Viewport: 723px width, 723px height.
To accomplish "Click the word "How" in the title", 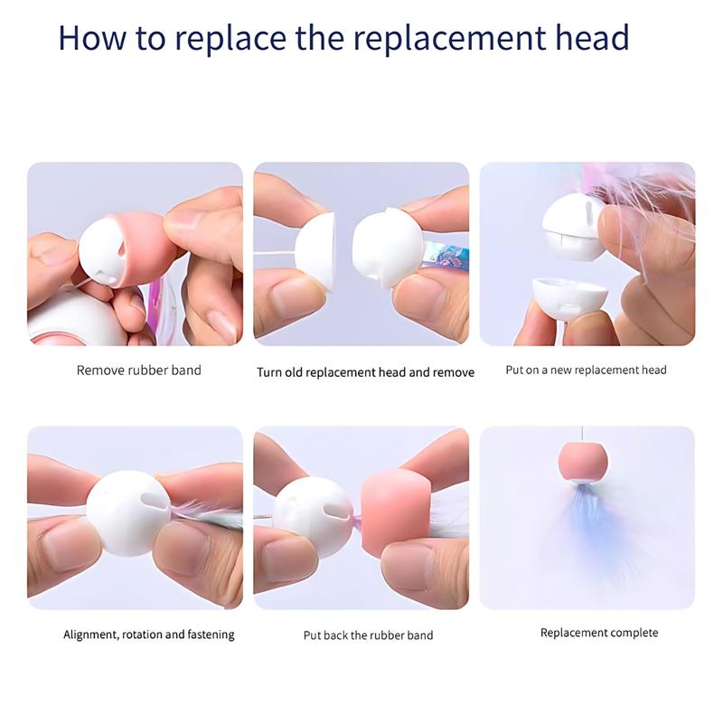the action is pyautogui.click(x=92, y=37).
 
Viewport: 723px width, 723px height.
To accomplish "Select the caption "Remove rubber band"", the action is pyautogui.click(x=139, y=371).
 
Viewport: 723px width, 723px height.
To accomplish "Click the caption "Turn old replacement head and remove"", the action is pyautogui.click(x=365, y=372).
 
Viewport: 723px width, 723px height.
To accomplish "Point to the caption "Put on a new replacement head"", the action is pyautogui.click(x=586, y=370).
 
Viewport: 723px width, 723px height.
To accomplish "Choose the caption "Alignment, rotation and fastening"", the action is pyautogui.click(x=149, y=634).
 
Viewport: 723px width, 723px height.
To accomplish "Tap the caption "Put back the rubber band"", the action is pyautogui.click(x=368, y=635).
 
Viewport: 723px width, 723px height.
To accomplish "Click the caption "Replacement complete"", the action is pyautogui.click(x=599, y=633).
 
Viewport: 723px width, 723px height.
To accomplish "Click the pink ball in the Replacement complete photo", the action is pyautogui.click(x=583, y=462).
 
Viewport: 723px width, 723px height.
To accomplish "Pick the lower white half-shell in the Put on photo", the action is pyautogui.click(x=570, y=298).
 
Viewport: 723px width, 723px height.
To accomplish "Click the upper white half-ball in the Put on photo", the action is pyautogui.click(x=573, y=227).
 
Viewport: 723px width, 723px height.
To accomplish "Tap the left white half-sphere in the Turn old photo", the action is pyautogui.click(x=315, y=252).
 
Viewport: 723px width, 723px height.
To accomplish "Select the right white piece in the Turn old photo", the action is pyautogui.click(x=388, y=248).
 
